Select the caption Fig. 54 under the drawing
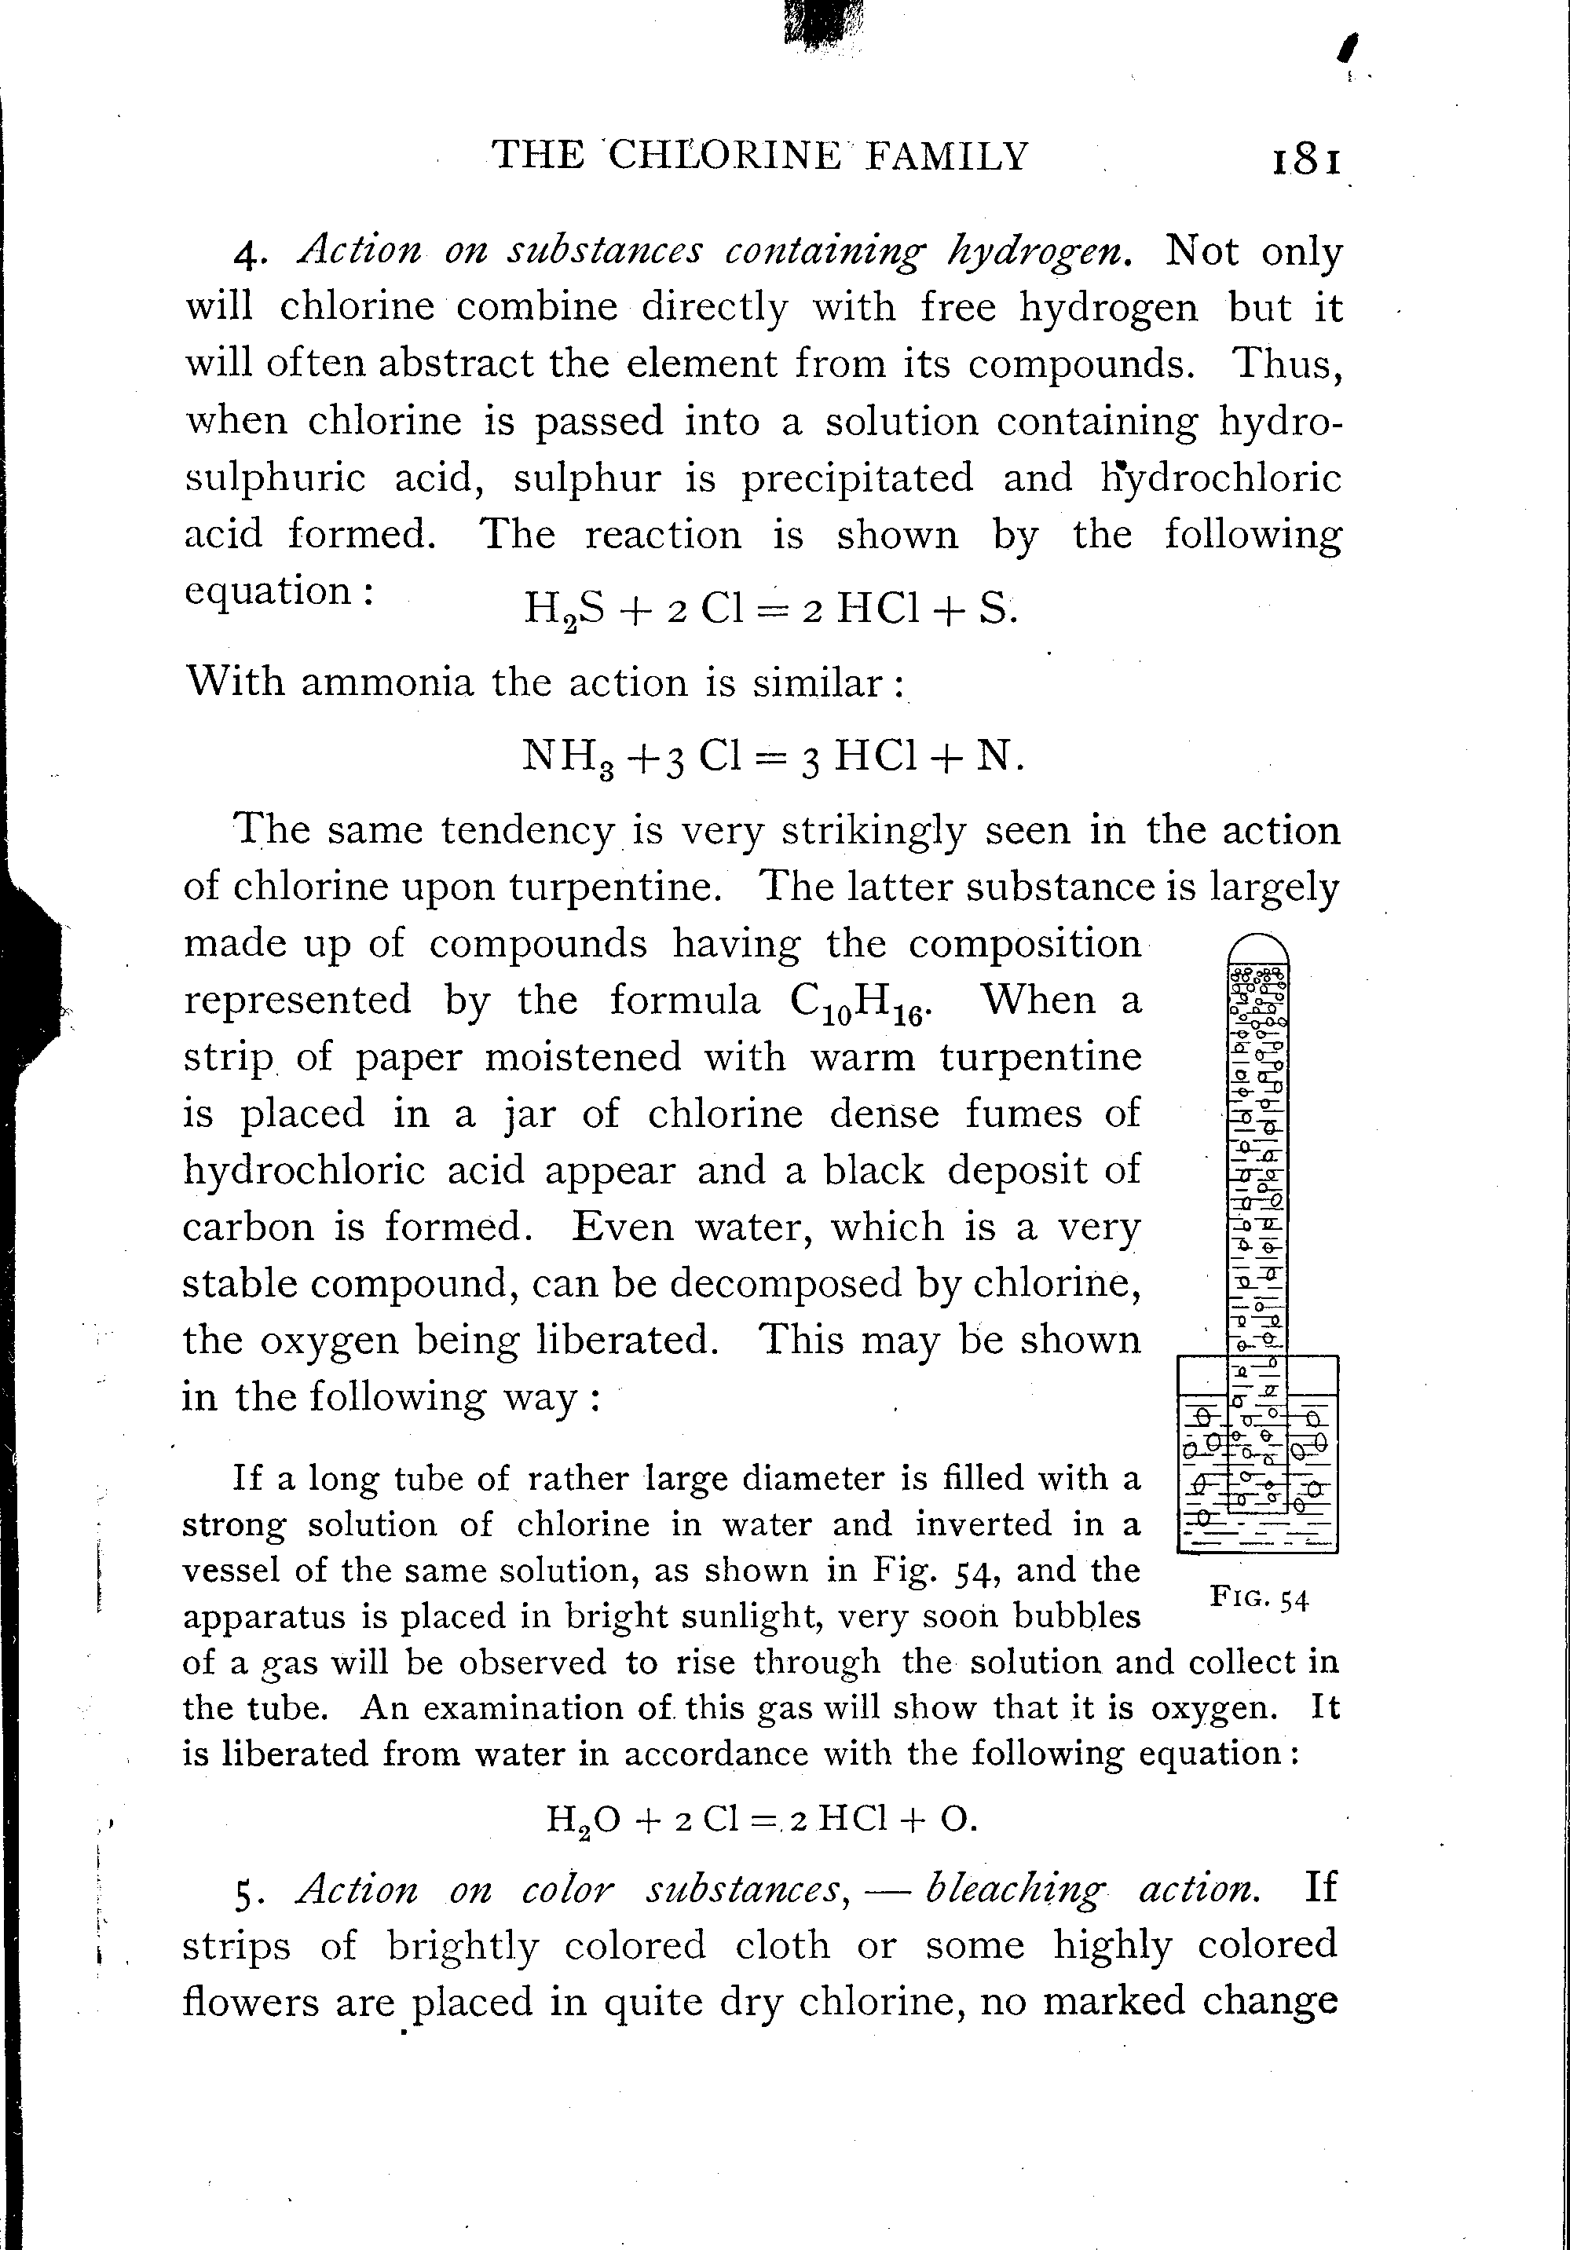coord(1259,1598)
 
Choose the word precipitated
coord(857,479)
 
